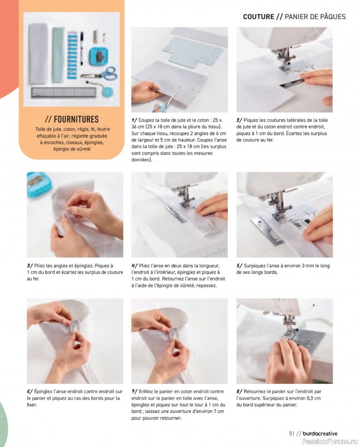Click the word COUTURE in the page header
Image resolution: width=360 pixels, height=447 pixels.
click(x=258, y=17)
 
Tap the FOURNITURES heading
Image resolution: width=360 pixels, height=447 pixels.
click(x=76, y=119)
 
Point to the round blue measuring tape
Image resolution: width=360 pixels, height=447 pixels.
click(x=108, y=91)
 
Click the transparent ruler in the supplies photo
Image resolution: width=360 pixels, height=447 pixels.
click(x=64, y=93)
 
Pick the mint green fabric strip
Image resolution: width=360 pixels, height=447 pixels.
click(x=58, y=55)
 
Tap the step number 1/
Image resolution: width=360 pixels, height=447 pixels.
click(x=134, y=120)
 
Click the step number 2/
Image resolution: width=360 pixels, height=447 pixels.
click(x=239, y=120)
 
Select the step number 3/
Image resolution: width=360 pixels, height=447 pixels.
click(x=30, y=266)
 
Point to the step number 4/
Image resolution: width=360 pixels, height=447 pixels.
click(x=135, y=266)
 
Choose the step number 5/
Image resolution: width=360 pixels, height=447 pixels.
click(x=239, y=266)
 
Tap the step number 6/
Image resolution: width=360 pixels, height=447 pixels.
click(x=30, y=392)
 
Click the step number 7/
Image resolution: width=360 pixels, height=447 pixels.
click(x=135, y=392)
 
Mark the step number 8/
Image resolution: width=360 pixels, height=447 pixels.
click(x=239, y=392)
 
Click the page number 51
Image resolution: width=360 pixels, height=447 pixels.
click(x=292, y=434)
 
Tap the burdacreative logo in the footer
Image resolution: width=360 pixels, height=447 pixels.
click(x=320, y=434)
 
